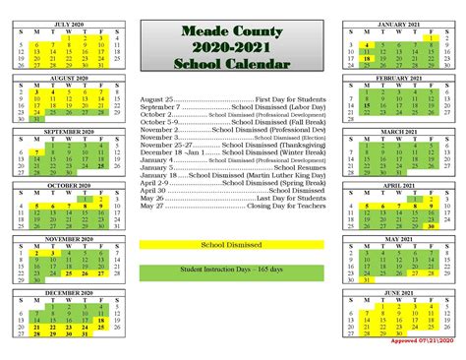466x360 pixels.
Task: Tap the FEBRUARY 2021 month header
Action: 398,76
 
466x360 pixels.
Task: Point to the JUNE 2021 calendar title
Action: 398,292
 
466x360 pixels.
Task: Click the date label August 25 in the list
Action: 157,99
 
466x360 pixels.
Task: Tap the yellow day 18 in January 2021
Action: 366,58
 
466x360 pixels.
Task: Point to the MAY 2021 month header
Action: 398,238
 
